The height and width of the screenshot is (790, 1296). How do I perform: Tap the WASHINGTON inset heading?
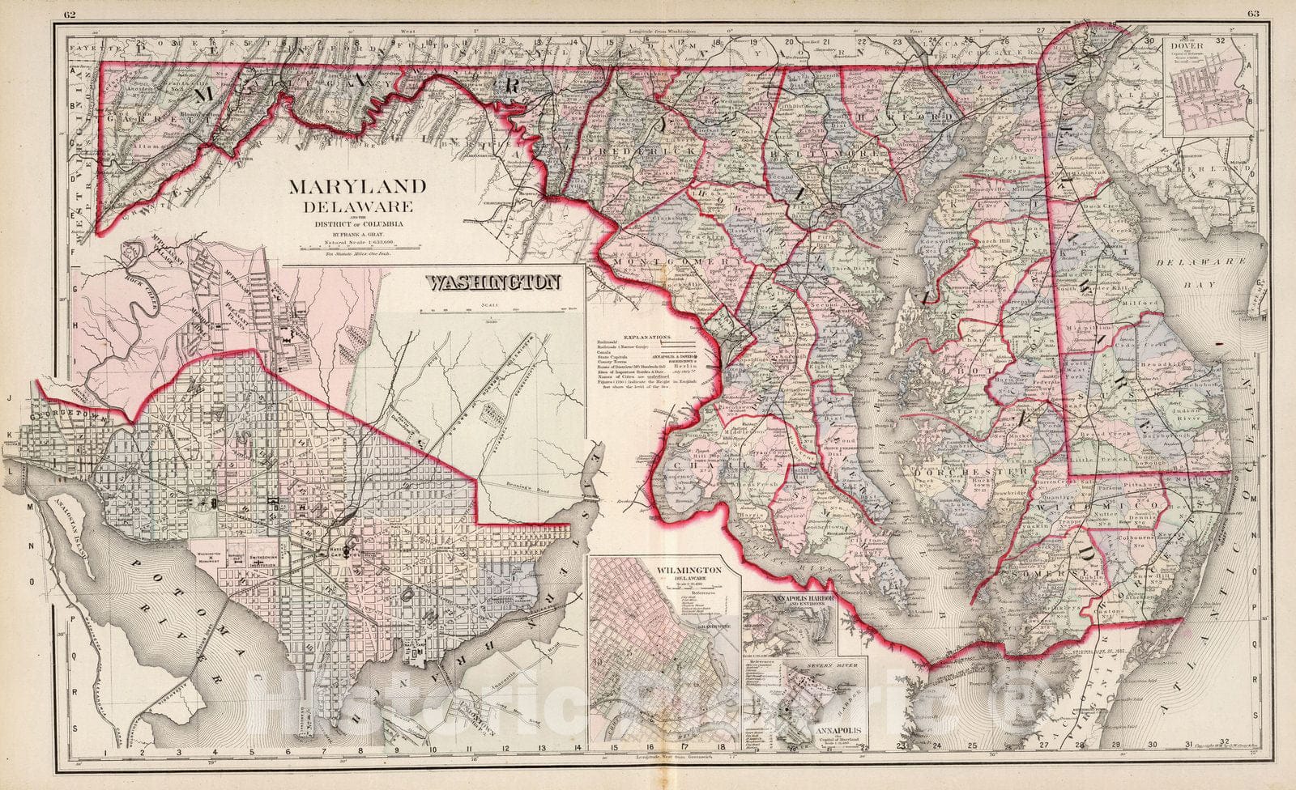coord(493,283)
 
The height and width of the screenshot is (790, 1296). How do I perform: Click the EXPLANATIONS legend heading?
coord(648,334)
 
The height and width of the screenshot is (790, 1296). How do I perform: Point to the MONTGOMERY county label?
coord(664,261)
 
